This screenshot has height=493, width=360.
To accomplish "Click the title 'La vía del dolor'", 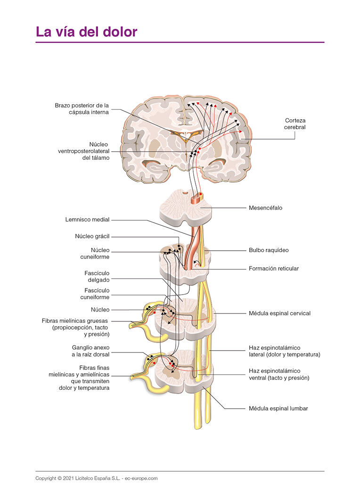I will (86, 32).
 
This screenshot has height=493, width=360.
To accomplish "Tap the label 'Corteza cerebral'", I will (295, 124).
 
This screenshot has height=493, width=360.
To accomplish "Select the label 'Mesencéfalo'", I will (265, 207).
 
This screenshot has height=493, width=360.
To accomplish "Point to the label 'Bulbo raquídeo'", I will (269, 250).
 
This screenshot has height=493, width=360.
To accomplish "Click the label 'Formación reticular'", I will (273, 269).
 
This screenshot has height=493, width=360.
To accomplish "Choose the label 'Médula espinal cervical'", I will (279, 313).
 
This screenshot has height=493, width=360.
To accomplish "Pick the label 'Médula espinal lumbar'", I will (278, 409).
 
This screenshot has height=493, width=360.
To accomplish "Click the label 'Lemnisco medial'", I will (88, 220).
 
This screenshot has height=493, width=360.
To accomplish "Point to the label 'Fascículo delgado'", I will (97, 276).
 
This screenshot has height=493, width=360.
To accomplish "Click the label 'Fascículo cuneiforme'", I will (97, 294).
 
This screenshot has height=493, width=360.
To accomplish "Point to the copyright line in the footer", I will (96, 478).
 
